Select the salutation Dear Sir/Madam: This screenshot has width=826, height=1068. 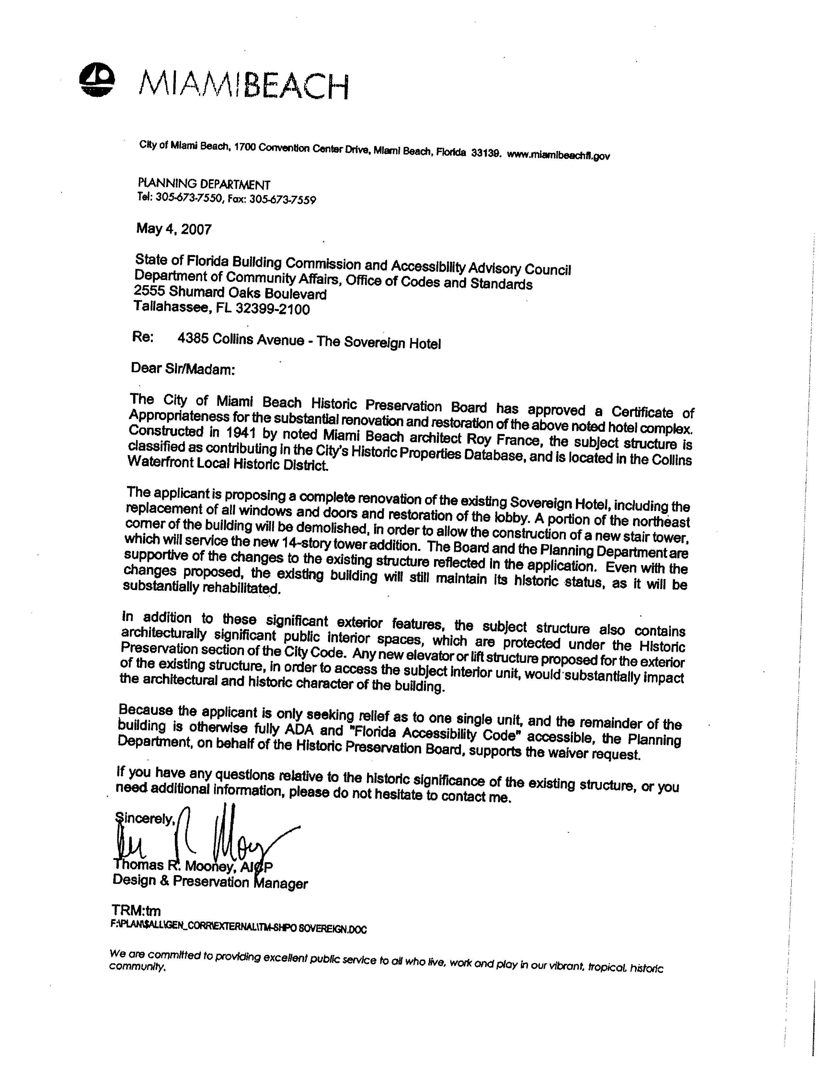[x=183, y=369]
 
